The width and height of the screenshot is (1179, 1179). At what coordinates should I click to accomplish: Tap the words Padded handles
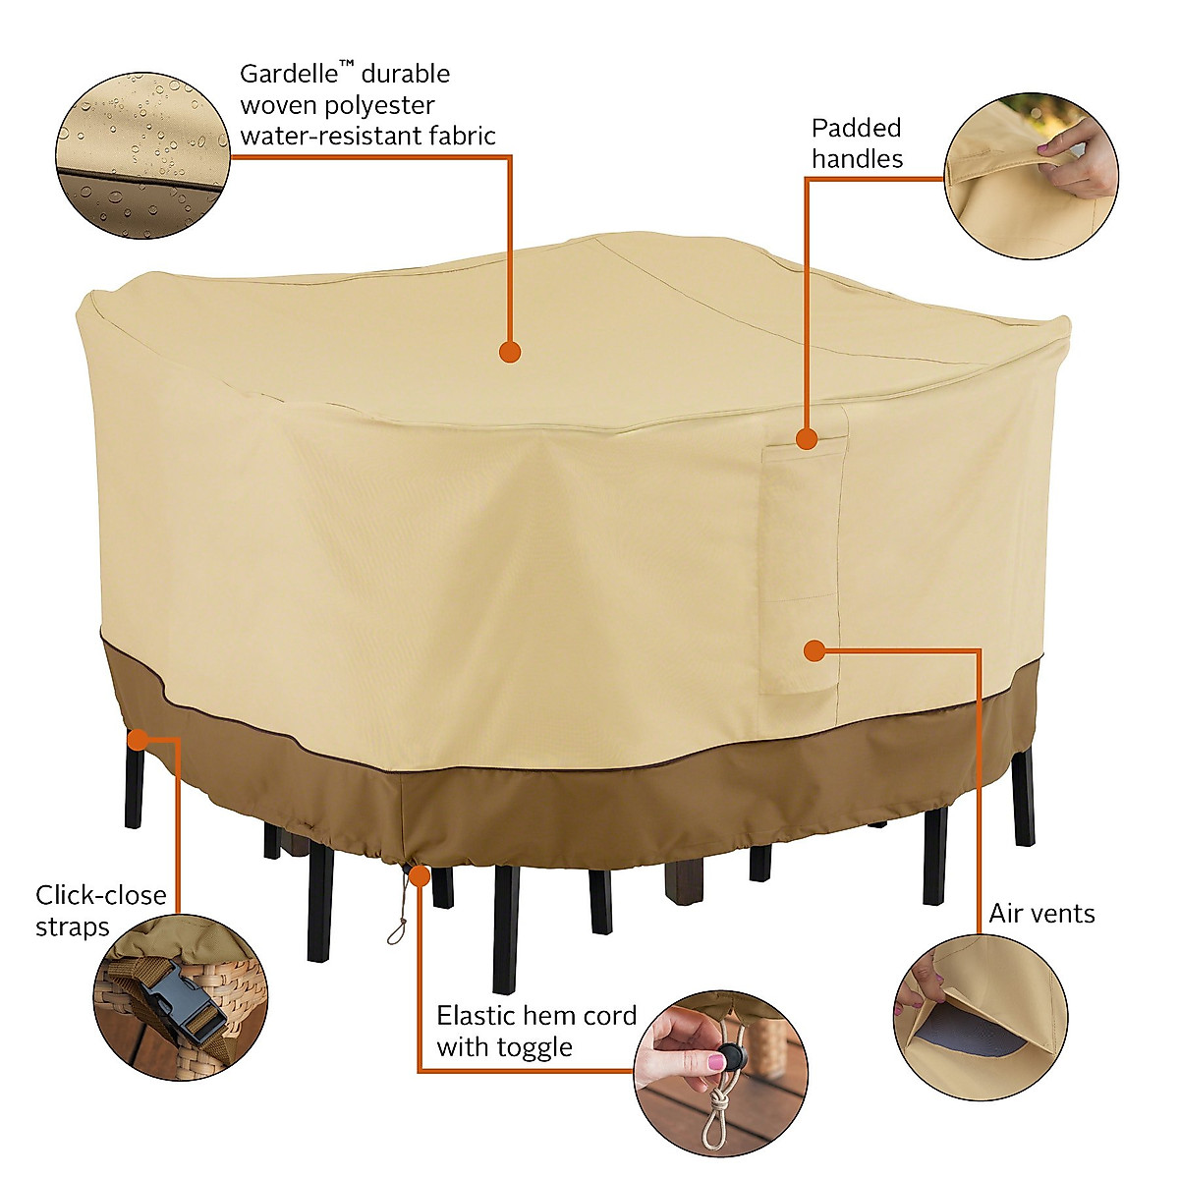[856, 143]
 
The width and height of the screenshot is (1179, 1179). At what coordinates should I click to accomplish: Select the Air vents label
[1041, 914]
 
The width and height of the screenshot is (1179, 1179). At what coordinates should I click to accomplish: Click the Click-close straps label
[100, 911]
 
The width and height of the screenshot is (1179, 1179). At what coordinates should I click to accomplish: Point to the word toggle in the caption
[531, 1048]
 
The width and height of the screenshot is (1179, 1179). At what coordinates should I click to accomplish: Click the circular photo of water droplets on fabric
[142, 155]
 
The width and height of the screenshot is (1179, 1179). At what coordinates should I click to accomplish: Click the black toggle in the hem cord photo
[731, 1058]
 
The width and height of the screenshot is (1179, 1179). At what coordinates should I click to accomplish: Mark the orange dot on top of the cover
[509, 352]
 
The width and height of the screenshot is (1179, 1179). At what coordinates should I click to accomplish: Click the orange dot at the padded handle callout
[807, 439]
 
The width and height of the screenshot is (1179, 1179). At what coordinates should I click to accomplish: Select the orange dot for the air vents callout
[814, 650]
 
